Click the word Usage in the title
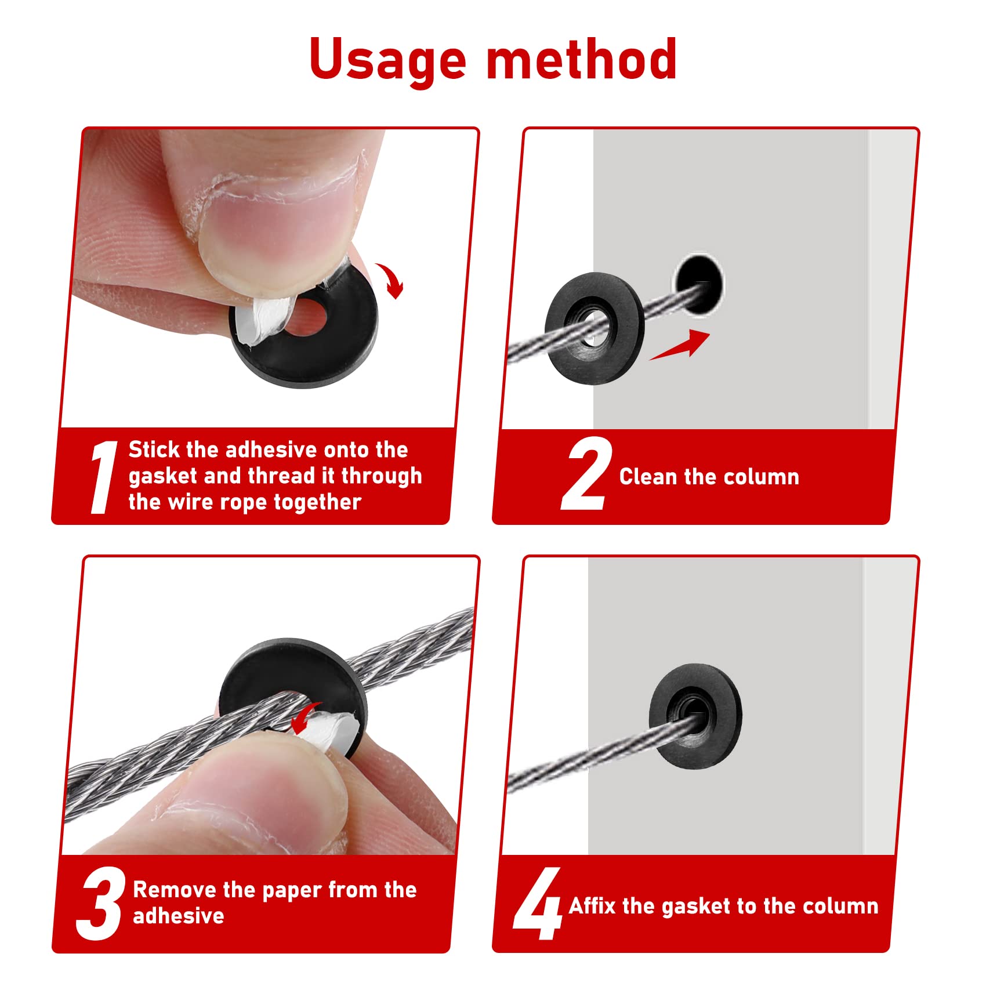(387, 60)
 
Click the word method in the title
(582, 60)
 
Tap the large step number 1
(104, 477)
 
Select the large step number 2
(586, 474)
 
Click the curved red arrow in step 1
(391, 280)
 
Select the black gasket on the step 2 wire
(594, 328)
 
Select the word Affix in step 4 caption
(592, 906)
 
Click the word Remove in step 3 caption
(175, 890)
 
